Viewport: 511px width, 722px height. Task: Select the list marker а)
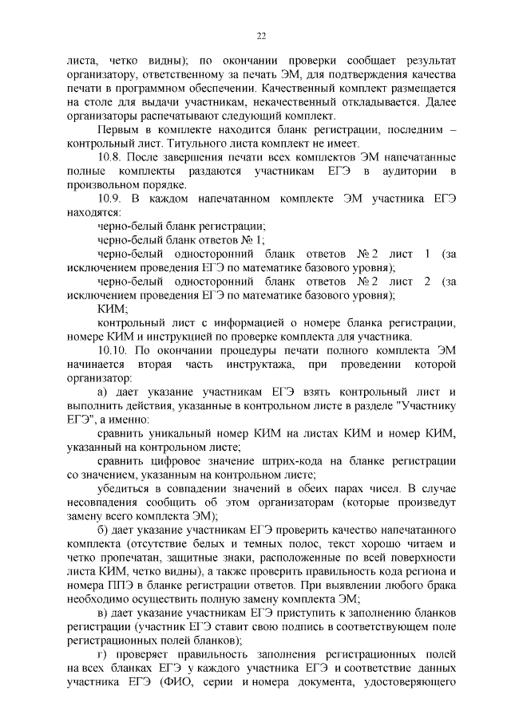(101, 391)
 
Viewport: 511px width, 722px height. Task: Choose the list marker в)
(101, 612)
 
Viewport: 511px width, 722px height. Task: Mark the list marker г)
(101, 653)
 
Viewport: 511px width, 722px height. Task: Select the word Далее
(438, 102)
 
